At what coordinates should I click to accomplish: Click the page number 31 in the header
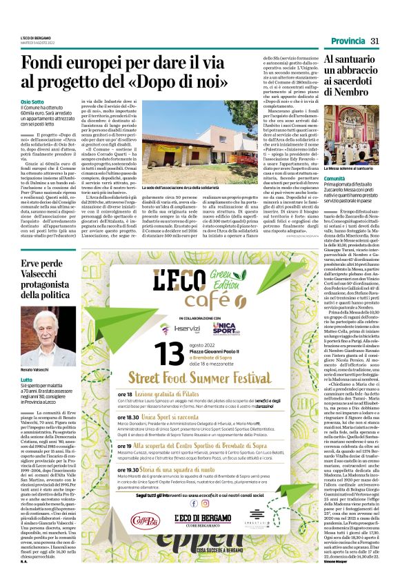tap(375, 42)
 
